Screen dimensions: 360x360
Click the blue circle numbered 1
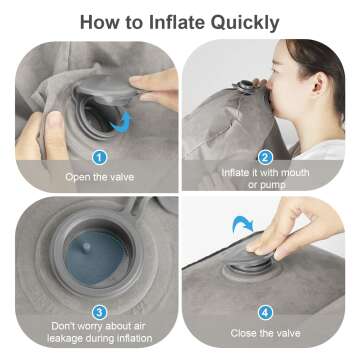[99, 156]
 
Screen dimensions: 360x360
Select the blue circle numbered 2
[265, 156]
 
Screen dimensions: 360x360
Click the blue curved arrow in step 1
[121, 121]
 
